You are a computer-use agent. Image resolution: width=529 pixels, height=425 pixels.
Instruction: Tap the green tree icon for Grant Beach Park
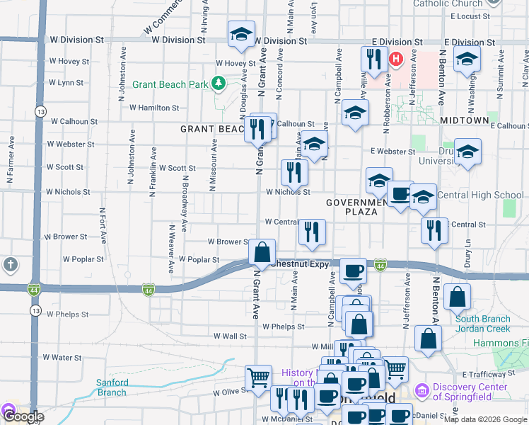click(x=219, y=84)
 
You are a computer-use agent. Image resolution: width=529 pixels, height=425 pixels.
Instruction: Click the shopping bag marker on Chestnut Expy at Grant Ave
click(x=262, y=251)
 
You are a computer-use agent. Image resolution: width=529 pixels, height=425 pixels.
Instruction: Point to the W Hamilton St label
click(x=154, y=108)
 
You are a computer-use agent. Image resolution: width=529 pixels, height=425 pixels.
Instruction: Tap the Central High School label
click(x=481, y=195)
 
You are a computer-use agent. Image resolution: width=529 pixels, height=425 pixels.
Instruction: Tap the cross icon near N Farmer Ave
click(x=11, y=266)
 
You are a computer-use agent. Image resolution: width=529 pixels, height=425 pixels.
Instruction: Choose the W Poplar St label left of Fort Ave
click(x=83, y=259)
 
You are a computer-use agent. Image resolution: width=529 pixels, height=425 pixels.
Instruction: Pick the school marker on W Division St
click(x=241, y=34)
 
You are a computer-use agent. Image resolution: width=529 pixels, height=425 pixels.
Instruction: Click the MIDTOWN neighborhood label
click(x=464, y=121)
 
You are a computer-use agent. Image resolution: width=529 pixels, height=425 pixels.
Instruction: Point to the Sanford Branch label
click(x=112, y=387)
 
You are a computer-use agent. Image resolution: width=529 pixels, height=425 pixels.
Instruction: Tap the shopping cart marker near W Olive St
click(x=258, y=376)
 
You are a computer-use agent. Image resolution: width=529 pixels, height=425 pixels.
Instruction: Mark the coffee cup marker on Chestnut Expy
click(x=353, y=270)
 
